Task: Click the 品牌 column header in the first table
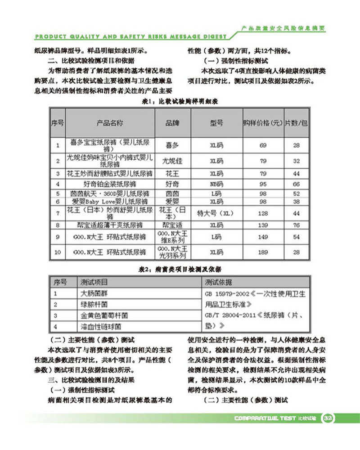click(x=172, y=122)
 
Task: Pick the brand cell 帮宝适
click(x=172, y=224)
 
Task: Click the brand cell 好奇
click(x=172, y=184)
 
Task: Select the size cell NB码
click(x=216, y=184)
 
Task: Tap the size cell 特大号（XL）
click(x=216, y=213)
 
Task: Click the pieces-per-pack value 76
click(x=297, y=224)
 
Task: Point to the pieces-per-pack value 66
click(x=297, y=184)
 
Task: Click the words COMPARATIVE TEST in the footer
click(x=265, y=418)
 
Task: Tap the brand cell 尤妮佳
click(x=172, y=160)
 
